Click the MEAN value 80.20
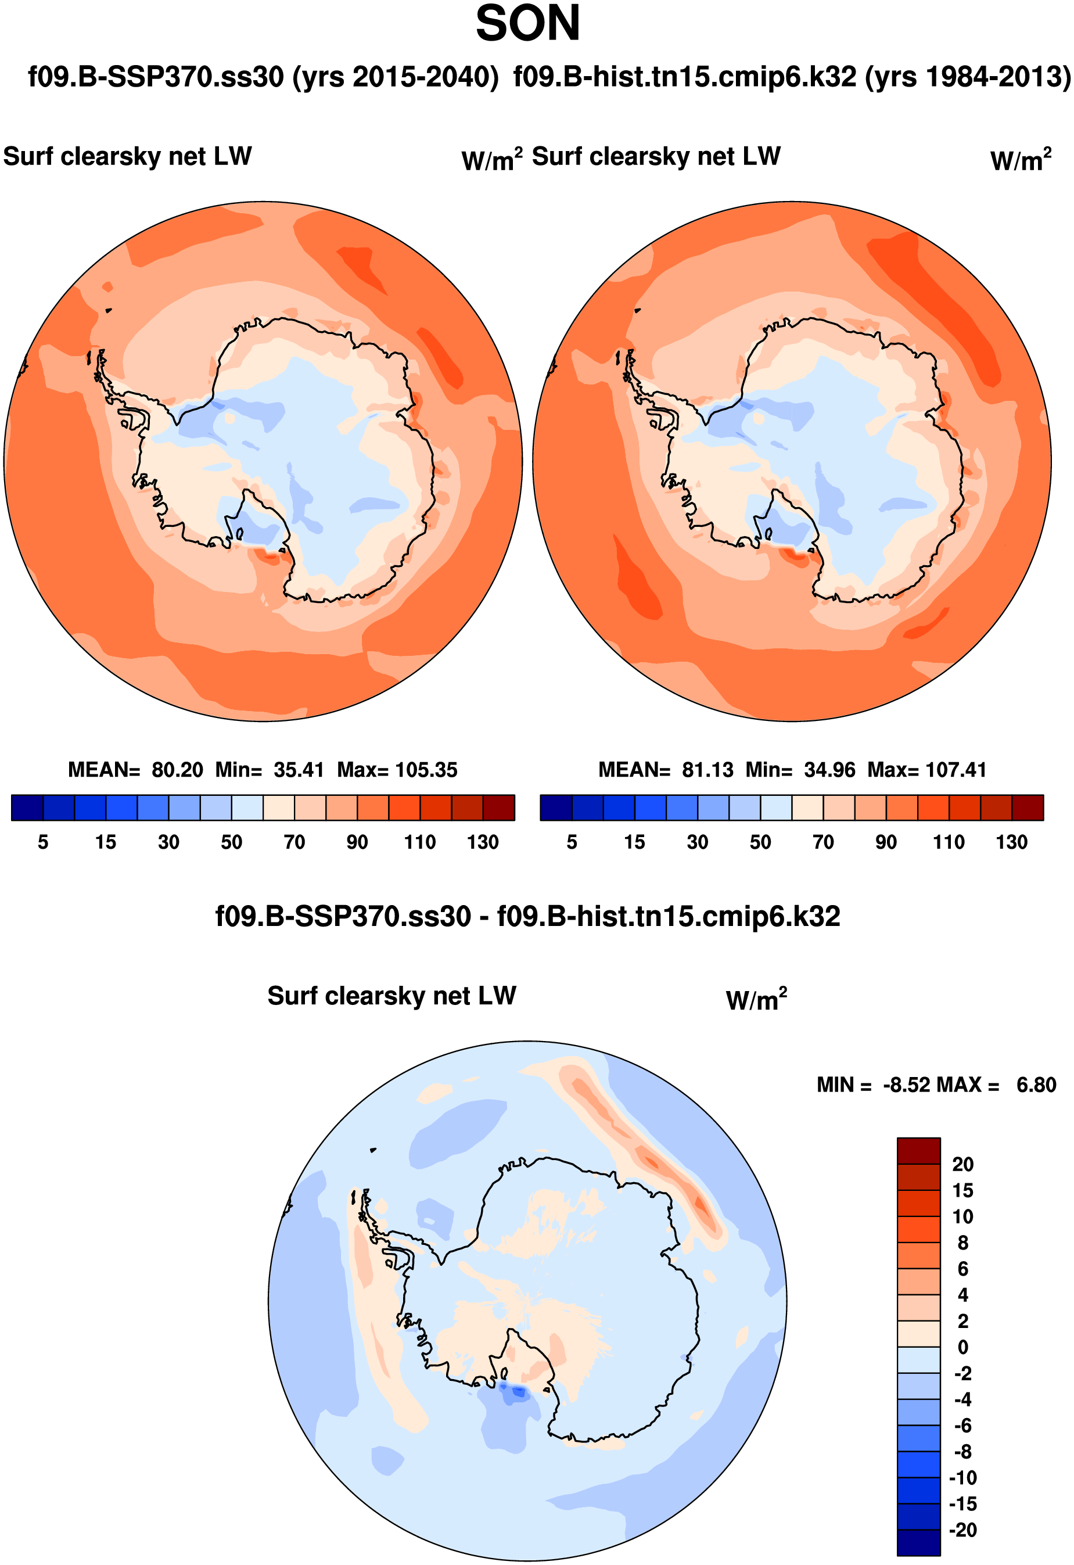tap(177, 770)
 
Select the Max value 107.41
tap(956, 770)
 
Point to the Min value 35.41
tap(299, 770)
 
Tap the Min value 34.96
tap(829, 770)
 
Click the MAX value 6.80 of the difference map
tap(1036, 1085)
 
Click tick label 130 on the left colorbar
tap(482, 842)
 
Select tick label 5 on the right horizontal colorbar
tap(572, 842)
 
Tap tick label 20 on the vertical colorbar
tap(962, 1164)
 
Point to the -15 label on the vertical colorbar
tap(962, 1504)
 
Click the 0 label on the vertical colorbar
tap(962, 1347)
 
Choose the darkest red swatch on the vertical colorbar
tap(918, 1151)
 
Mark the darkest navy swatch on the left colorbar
tap(27, 807)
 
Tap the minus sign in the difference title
tap(484, 917)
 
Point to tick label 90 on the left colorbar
tap(357, 842)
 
